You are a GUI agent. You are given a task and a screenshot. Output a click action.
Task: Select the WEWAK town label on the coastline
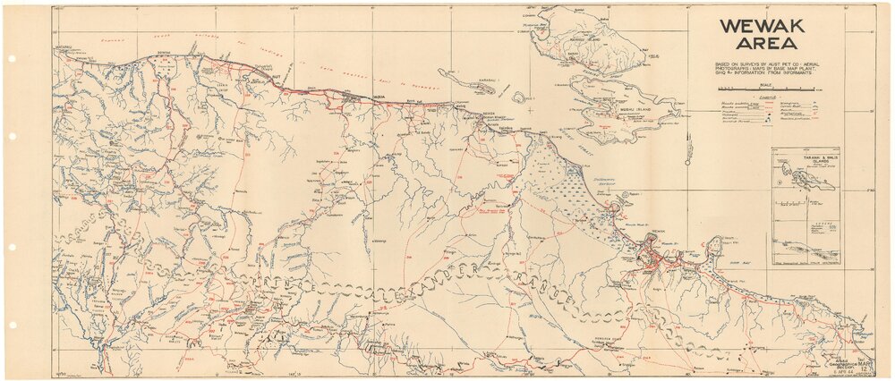pyautogui.click(x=661, y=231)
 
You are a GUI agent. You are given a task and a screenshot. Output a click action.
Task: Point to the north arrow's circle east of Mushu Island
pyautogui.click(x=686, y=162)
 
